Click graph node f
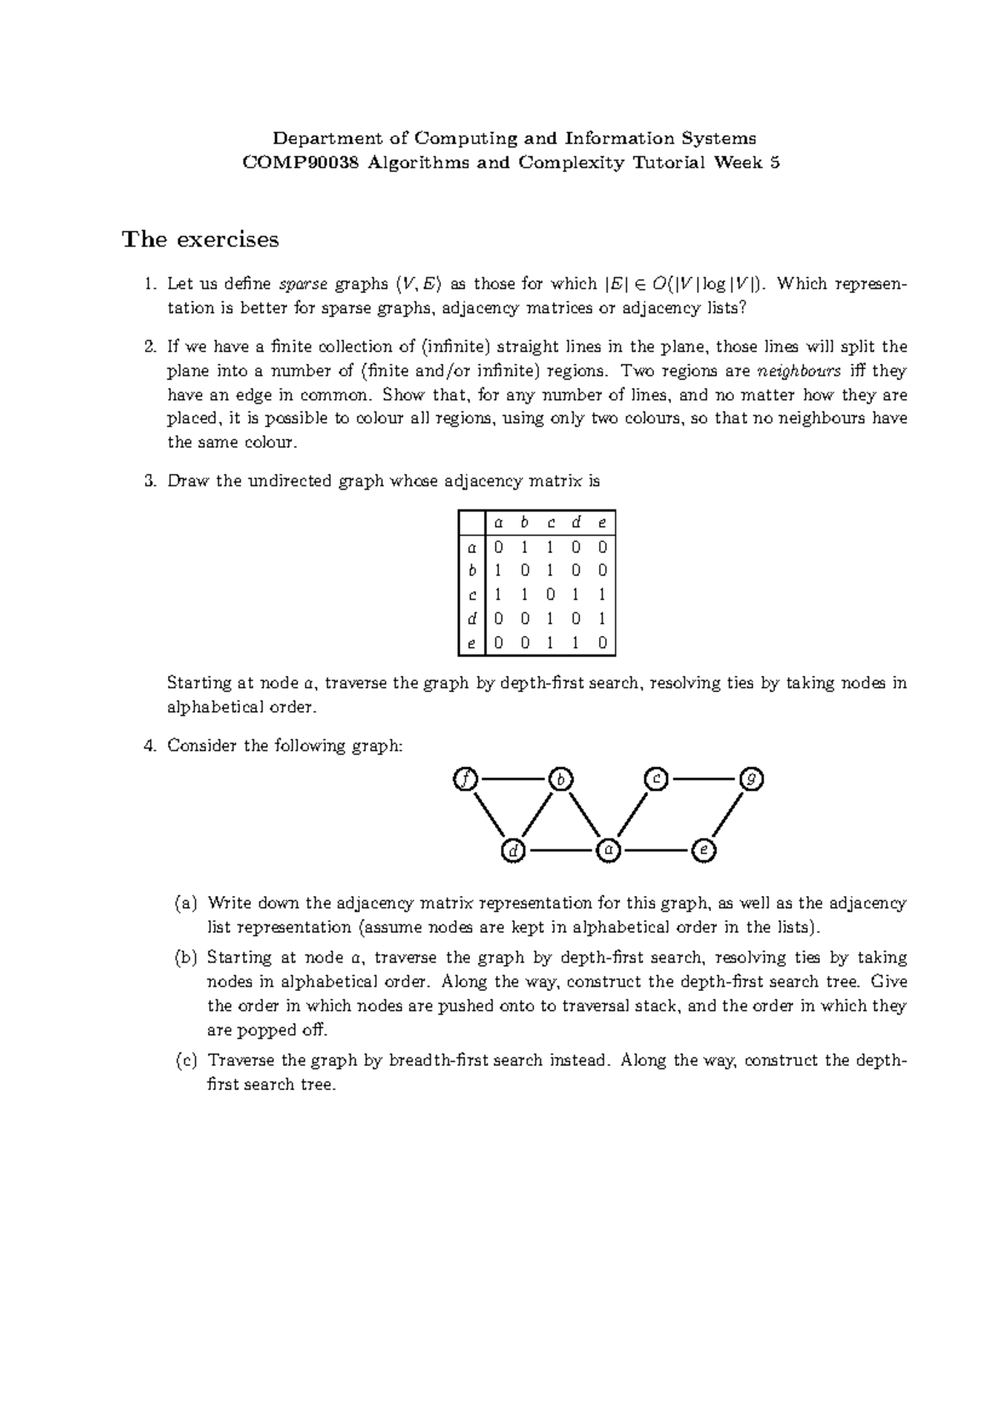[x=465, y=779]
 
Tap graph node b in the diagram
[x=561, y=779]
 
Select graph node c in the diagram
[x=657, y=779]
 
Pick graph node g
[x=752, y=779]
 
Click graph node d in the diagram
[x=513, y=851]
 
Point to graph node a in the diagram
[x=608, y=851]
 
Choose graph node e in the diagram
[x=704, y=851]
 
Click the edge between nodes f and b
[x=512, y=779]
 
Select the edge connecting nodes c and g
[x=704, y=779]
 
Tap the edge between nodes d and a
[x=561, y=851]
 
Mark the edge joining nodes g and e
[x=728, y=815]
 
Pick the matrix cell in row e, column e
[x=602, y=643]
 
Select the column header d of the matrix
[x=576, y=523]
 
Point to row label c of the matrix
[x=472, y=595]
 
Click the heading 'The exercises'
[x=200, y=240]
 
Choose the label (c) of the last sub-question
[x=186, y=1061]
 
